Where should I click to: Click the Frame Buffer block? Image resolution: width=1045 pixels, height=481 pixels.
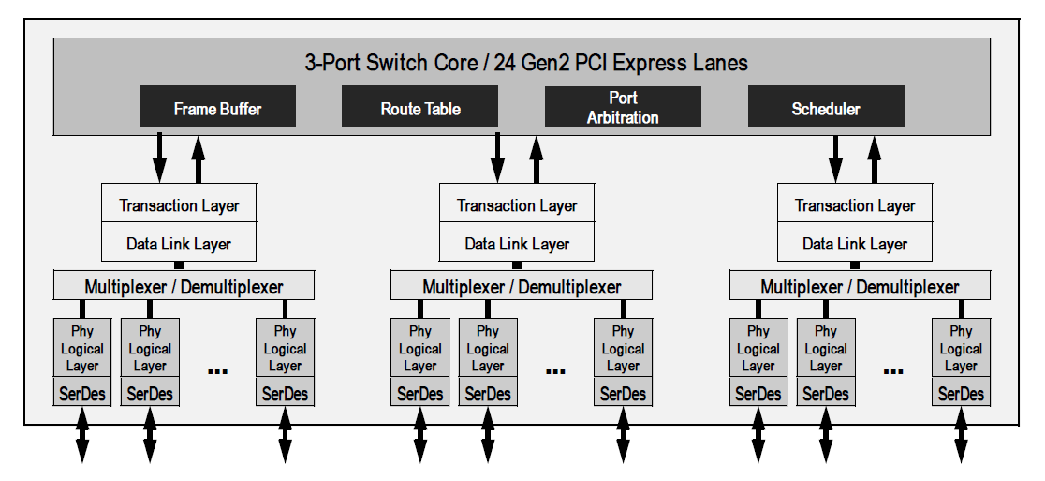coord(217,106)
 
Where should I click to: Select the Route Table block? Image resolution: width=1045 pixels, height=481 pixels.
coord(419,106)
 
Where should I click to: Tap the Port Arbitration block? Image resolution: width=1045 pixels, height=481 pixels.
coord(623,106)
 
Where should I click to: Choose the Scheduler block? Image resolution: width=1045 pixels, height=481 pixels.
coord(826,106)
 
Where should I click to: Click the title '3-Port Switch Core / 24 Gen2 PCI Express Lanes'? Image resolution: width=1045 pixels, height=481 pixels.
coord(526,63)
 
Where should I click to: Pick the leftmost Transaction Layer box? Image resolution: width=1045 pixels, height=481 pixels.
coord(179,203)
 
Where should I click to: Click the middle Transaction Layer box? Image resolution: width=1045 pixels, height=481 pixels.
coord(517,203)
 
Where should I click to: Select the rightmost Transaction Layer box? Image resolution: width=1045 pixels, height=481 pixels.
coord(855,203)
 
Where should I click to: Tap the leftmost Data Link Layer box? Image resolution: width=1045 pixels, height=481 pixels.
coord(179,242)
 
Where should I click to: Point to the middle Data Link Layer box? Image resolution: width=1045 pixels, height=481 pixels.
coord(517,242)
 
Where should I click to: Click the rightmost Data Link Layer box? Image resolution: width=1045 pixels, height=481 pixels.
coord(855,242)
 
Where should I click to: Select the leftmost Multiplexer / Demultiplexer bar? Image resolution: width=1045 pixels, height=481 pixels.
coord(184,286)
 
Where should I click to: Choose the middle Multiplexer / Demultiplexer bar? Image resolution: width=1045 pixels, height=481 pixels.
coord(522,286)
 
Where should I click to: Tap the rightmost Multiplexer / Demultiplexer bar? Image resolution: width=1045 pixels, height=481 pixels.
coord(860,286)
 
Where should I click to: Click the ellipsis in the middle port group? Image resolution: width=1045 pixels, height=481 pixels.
coord(555,371)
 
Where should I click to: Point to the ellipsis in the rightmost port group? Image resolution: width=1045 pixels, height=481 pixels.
coord(893,371)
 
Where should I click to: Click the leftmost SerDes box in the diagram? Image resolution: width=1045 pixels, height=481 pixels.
coord(82,392)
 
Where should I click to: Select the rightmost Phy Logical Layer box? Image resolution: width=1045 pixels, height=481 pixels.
coord(961,348)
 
